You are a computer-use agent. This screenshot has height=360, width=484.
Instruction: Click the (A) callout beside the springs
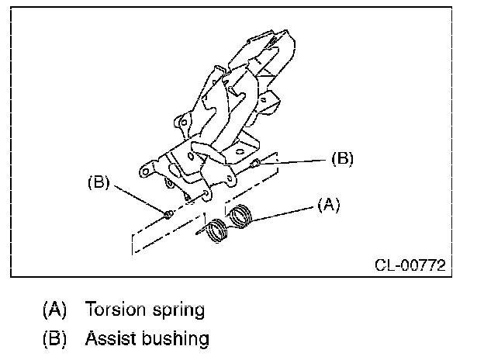[328, 205]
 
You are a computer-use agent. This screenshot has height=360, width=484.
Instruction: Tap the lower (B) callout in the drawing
[99, 184]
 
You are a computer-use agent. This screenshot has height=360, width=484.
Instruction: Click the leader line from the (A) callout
[287, 209]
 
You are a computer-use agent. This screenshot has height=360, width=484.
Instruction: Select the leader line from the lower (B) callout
[140, 199]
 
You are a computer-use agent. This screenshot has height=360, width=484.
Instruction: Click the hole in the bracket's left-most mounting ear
[143, 171]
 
